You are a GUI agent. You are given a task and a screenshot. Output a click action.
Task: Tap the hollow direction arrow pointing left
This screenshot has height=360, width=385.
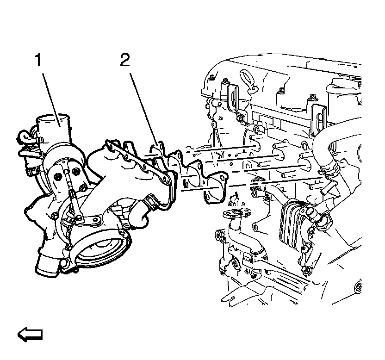pyautogui.click(x=30, y=334)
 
